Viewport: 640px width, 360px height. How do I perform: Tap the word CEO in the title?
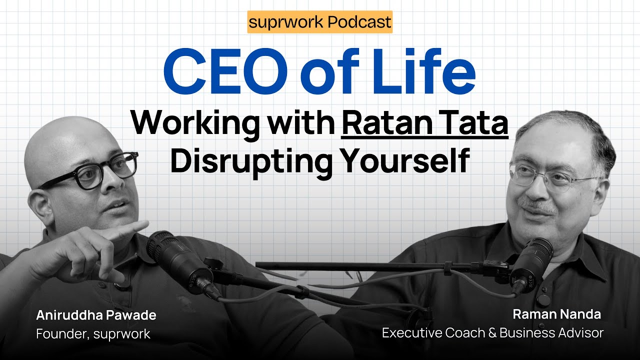pyautogui.click(x=225, y=73)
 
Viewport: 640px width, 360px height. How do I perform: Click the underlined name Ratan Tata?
pyautogui.click(x=424, y=123)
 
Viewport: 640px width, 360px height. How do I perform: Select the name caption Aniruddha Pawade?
pyautogui.click(x=96, y=315)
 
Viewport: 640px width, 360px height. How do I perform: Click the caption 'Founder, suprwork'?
pyautogui.click(x=93, y=334)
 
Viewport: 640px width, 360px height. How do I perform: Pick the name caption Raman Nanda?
pyautogui.click(x=556, y=314)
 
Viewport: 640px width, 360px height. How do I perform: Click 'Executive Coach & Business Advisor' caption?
pyautogui.click(x=492, y=332)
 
